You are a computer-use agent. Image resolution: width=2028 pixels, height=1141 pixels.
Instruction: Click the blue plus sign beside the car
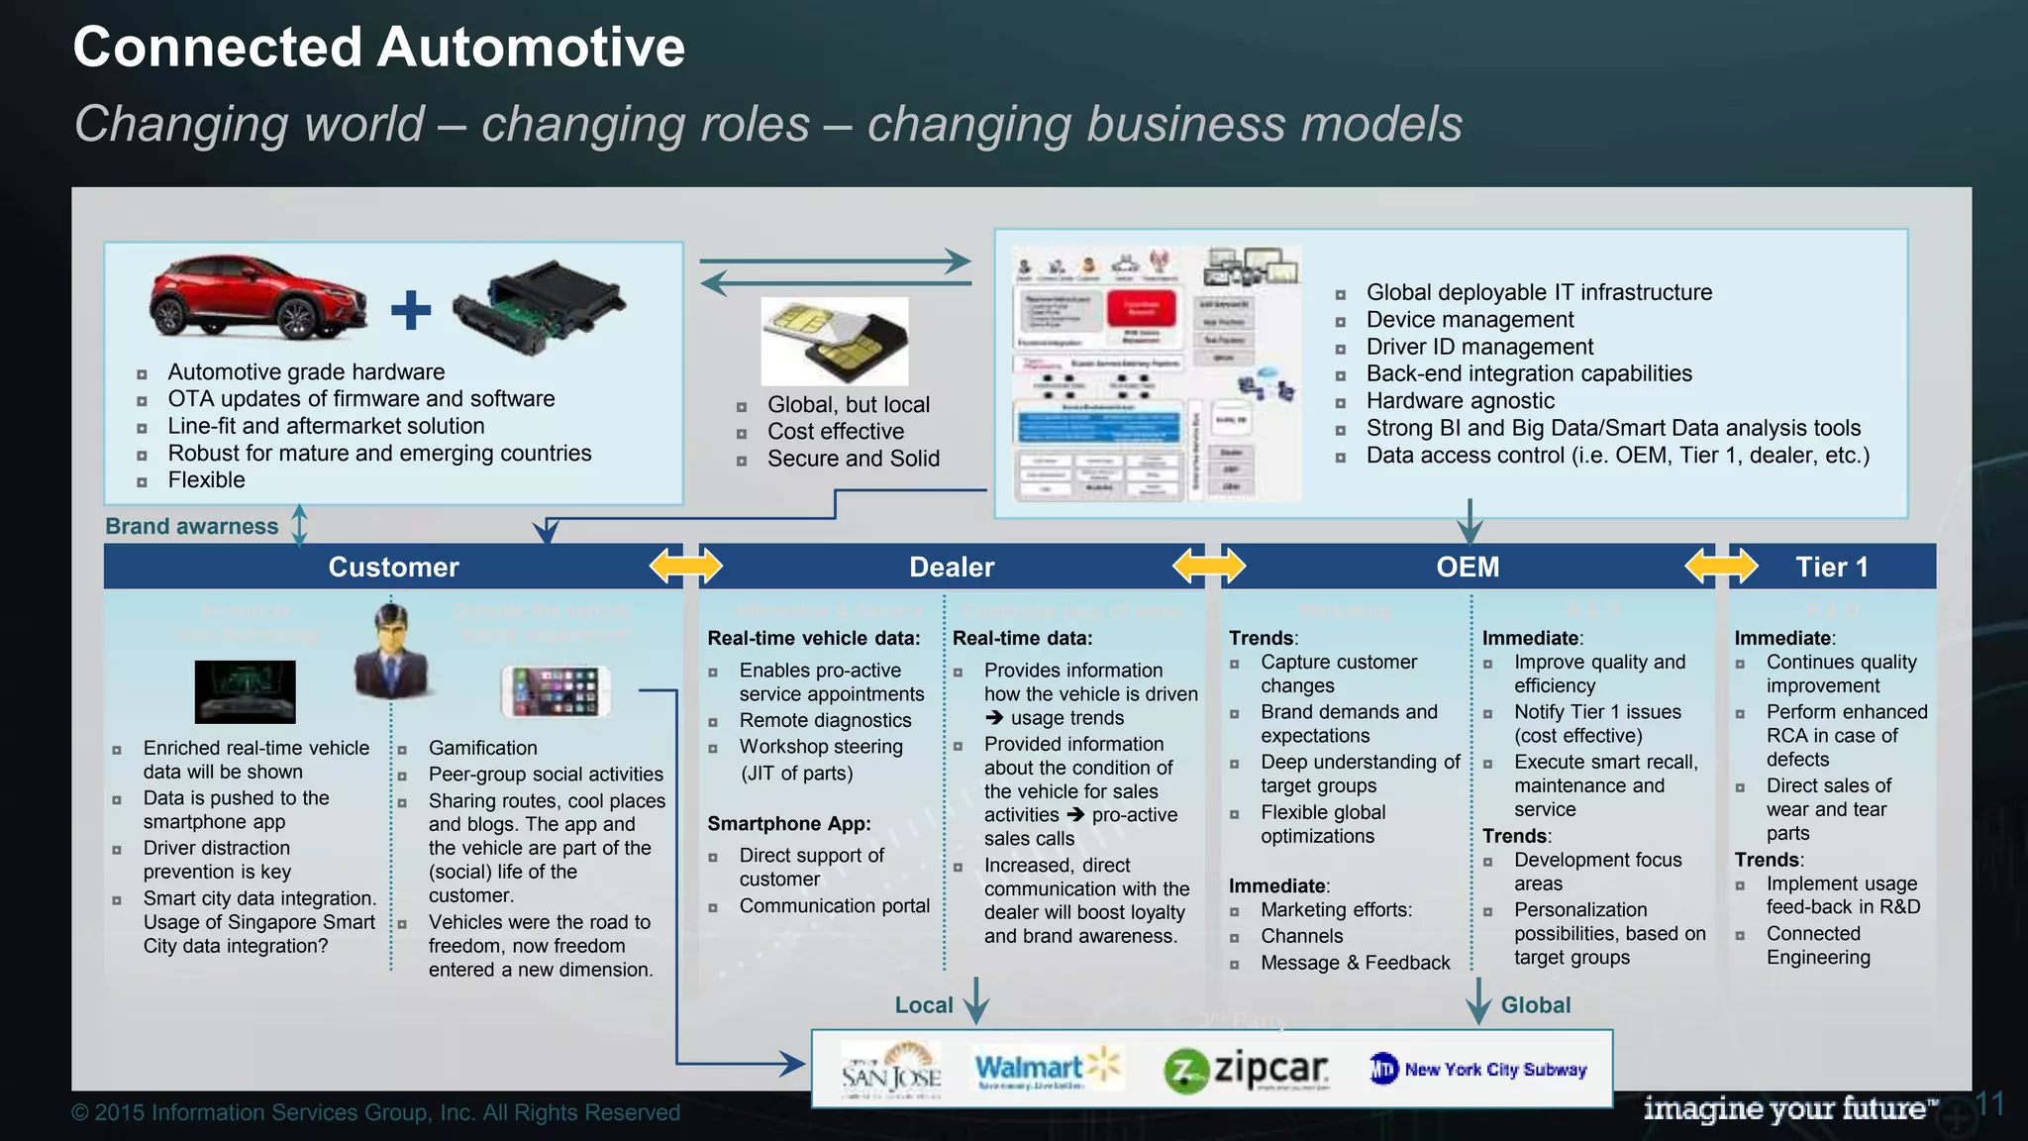411,310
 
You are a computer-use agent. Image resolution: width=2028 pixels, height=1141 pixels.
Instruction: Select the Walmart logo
1046,1069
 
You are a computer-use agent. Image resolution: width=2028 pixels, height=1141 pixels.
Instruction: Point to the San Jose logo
890,1069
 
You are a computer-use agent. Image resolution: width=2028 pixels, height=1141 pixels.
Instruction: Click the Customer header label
393,567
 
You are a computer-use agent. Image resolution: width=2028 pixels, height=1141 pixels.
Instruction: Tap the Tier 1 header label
1831,567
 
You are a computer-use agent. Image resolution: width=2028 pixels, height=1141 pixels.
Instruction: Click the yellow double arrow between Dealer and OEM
1208,567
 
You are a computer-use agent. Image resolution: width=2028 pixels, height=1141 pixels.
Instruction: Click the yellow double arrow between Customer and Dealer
685,567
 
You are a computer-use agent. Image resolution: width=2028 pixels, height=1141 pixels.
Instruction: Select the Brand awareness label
192,526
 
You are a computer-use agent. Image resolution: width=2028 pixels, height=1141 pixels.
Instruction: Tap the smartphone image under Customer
555,690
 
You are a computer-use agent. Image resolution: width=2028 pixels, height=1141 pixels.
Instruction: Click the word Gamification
482,748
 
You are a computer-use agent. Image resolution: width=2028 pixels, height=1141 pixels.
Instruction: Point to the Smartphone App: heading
788,823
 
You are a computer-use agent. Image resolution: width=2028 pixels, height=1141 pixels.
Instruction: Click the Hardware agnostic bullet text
1460,401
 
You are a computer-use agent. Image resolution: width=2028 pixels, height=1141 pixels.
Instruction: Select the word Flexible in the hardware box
206,480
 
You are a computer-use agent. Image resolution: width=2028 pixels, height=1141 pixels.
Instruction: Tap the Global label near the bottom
1535,1005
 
